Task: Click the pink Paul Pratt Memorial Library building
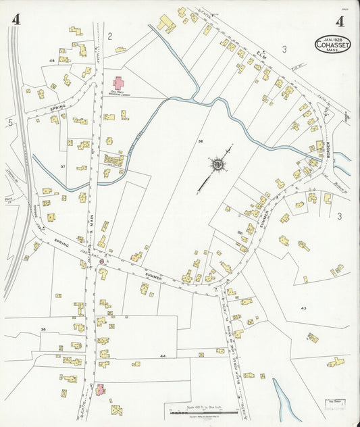[x=119, y=84]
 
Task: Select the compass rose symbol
[x=218, y=164]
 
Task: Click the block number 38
[x=201, y=141]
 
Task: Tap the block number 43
[x=304, y=308]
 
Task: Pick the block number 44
[x=163, y=355]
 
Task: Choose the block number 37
[x=63, y=166]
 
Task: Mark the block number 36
[x=43, y=330]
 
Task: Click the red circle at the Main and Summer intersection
[x=102, y=261]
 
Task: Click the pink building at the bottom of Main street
[x=101, y=390]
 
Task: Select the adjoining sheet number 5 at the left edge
[x=10, y=122]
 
